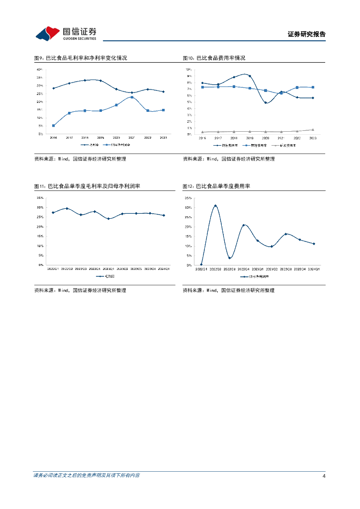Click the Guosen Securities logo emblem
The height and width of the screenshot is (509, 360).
48,33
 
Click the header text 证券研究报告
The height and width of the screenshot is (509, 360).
306,34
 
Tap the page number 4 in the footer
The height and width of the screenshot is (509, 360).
324,476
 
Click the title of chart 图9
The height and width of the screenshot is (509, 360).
81,58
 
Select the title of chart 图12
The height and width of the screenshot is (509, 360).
216,186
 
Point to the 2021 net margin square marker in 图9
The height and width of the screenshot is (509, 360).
132,97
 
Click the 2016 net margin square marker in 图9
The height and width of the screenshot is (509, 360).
54,126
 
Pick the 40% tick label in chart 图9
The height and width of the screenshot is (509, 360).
40,70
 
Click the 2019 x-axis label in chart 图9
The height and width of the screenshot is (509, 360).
100,138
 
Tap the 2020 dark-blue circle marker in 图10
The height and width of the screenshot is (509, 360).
266,103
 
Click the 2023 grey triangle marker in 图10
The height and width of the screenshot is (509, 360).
313,130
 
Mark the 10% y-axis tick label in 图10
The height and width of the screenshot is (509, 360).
188,70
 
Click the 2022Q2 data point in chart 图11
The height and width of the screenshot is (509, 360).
67,209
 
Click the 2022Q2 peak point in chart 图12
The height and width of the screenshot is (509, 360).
215,206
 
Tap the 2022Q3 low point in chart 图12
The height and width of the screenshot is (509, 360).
229,258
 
